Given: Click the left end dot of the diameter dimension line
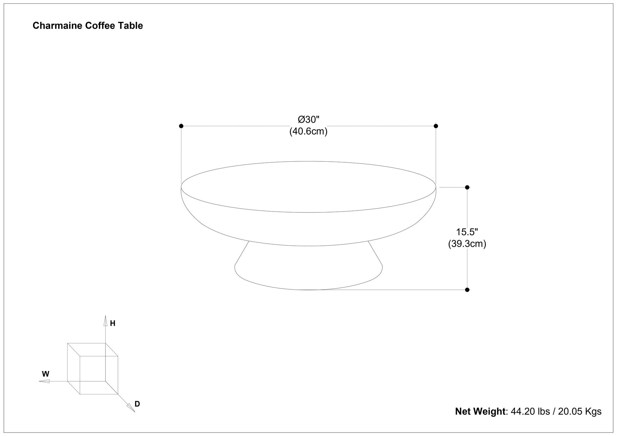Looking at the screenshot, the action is (x=181, y=126).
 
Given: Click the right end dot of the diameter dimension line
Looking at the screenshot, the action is (x=436, y=126).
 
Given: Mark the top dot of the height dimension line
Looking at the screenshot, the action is (x=467, y=187).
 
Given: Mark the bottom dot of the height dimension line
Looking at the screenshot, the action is (x=467, y=290).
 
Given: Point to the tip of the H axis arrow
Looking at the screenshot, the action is (x=106, y=316).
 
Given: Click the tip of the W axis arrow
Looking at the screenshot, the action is (x=39, y=381).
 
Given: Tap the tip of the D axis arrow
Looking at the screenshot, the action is (x=135, y=412).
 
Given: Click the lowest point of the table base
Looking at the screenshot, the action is (x=308, y=290).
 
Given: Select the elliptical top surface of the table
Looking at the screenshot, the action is (x=308, y=187).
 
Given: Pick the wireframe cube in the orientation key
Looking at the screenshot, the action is (x=93, y=368).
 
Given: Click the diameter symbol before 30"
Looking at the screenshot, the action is (x=302, y=120).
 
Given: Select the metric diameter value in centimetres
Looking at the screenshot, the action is (x=308, y=131).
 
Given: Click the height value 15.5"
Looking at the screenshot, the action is (x=467, y=232).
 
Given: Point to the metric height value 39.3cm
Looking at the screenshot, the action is (x=467, y=244).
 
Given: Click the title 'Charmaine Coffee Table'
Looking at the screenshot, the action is (x=88, y=26).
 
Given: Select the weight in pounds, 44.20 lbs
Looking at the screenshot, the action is (x=530, y=411).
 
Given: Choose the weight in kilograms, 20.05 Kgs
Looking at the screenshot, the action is (x=580, y=411).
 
